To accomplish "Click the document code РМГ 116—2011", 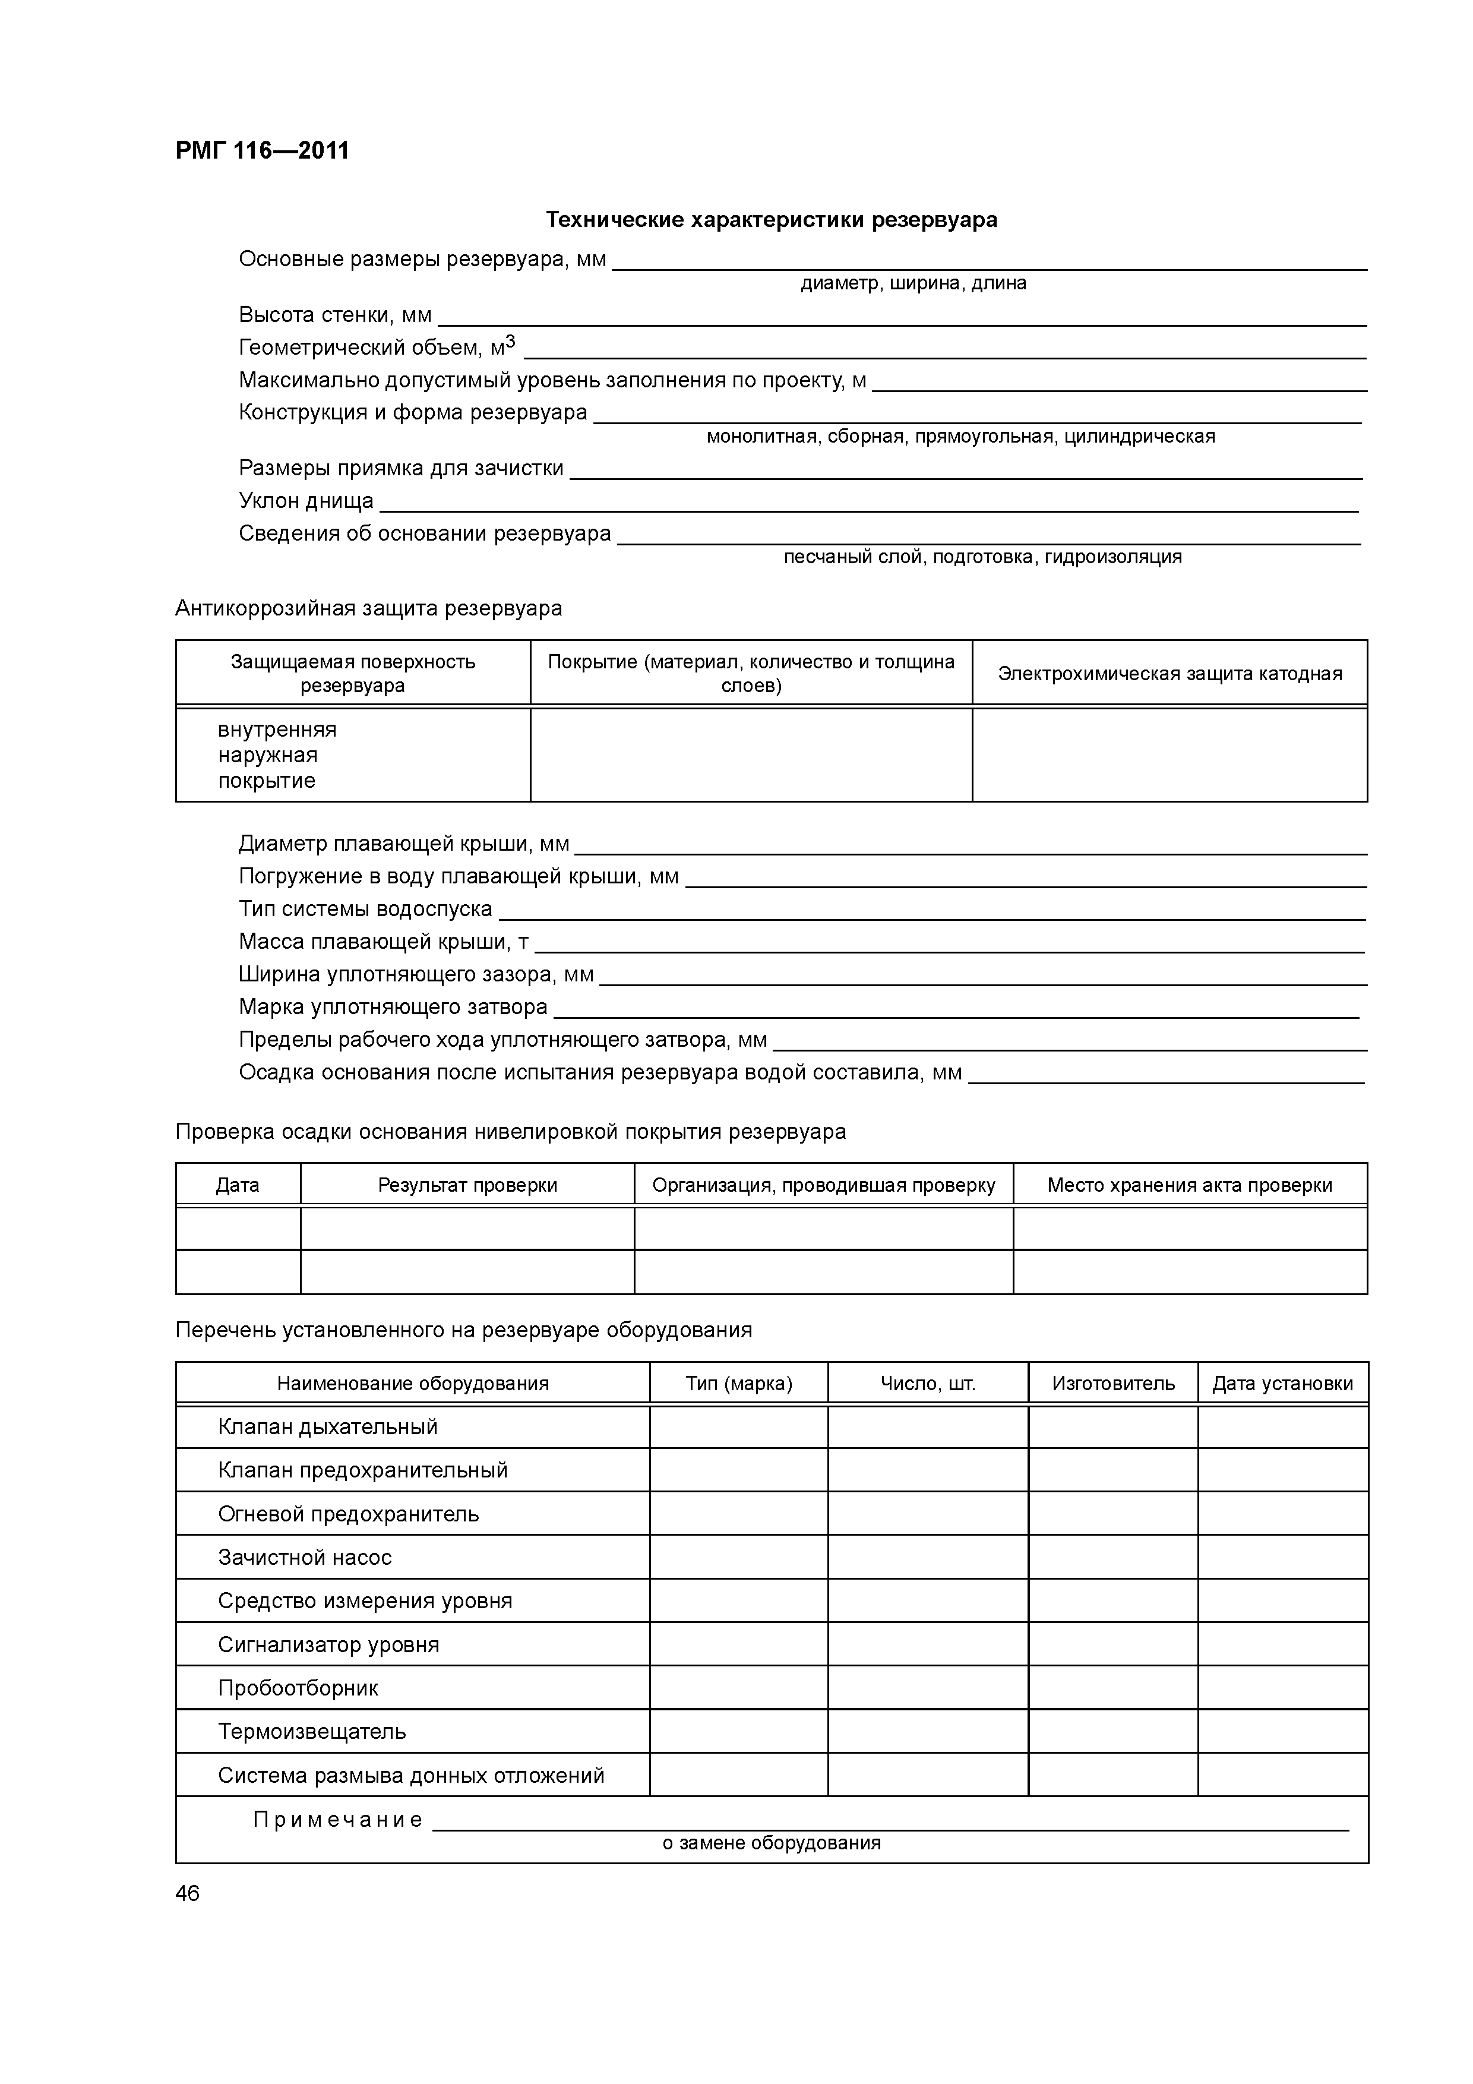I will coord(263,151).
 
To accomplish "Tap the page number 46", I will coord(188,1893).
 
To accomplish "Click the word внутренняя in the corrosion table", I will coord(277,730).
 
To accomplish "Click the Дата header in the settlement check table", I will coord(238,1185).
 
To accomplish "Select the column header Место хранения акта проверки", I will coord(1189,1185).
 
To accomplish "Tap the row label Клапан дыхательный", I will coord(328,1427).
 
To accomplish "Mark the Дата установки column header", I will coord(1282,1383).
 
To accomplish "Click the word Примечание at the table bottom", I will coord(337,1820).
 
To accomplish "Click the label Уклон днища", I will coord(306,501).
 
